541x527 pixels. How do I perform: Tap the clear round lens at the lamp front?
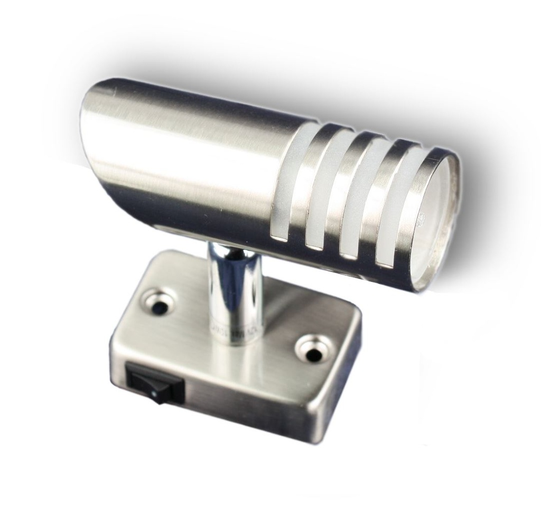439,222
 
